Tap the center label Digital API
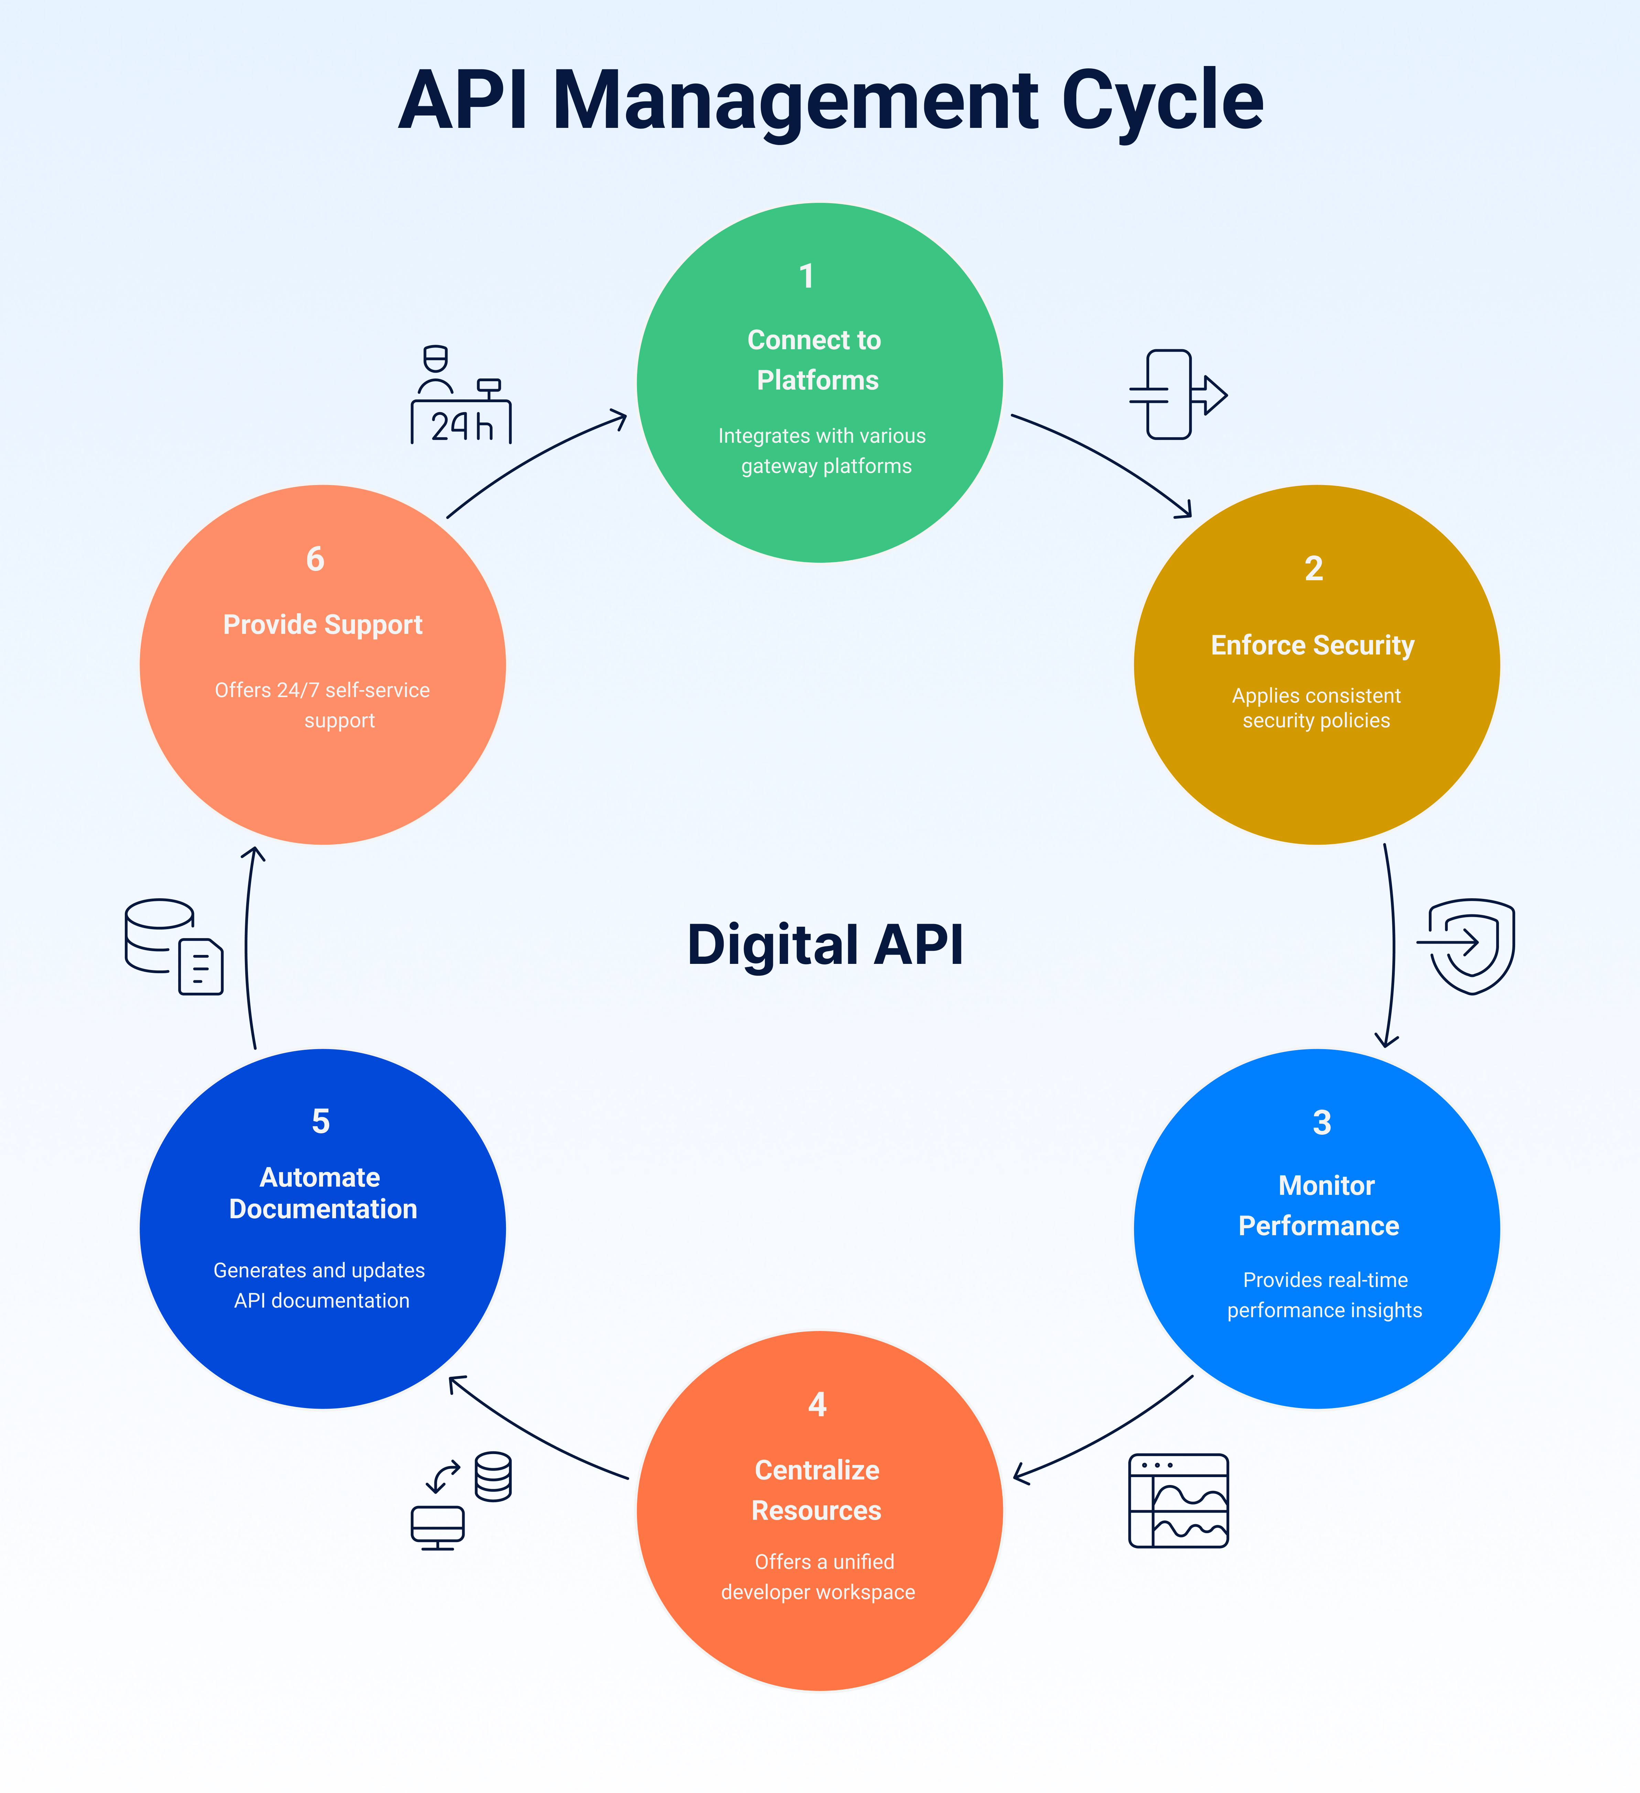[x=825, y=945]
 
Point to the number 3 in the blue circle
[x=1321, y=1122]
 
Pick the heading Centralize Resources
[x=817, y=1490]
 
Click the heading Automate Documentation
[x=322, y=1193]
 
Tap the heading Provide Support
[x=322, y=624]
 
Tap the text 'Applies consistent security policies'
[x=1316, y=708]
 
